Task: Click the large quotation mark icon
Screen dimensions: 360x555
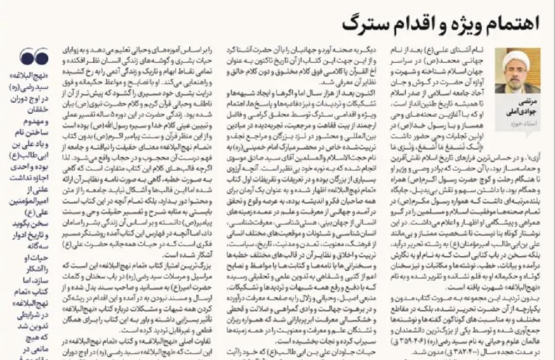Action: tap(34, 55)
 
